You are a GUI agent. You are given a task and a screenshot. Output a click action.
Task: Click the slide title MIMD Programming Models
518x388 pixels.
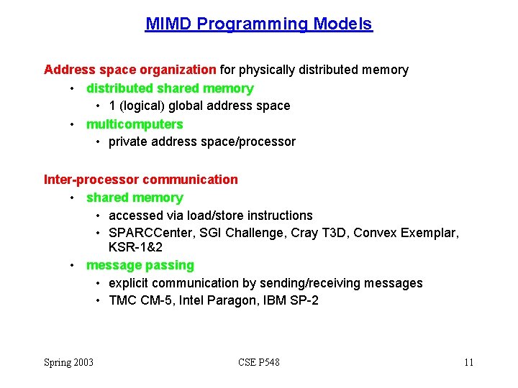(259, 24)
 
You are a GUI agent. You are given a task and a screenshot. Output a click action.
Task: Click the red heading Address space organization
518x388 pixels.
(130, 70)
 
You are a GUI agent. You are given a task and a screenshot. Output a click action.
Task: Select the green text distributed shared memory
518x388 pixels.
(170, 88)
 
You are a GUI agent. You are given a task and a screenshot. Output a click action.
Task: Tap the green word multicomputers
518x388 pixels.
(135, 124)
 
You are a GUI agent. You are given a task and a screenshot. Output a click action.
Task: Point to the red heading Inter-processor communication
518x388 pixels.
(141, 180)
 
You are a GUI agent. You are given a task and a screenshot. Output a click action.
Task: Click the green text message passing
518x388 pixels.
(140, 265)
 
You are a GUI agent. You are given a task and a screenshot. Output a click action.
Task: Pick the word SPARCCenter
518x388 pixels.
(146, 234)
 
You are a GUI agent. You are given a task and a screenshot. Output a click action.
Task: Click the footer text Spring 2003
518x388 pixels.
(69, 363)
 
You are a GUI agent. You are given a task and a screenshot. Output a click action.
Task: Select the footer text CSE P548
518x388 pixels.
(259, 363)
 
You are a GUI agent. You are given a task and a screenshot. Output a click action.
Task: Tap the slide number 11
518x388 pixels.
(468, 363)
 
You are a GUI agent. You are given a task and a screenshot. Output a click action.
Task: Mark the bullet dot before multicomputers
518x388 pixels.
(73, 124)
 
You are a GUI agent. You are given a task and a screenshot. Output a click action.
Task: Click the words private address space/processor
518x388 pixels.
(202, 142)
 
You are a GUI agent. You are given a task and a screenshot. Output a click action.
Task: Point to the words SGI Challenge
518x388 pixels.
(239, 234)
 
